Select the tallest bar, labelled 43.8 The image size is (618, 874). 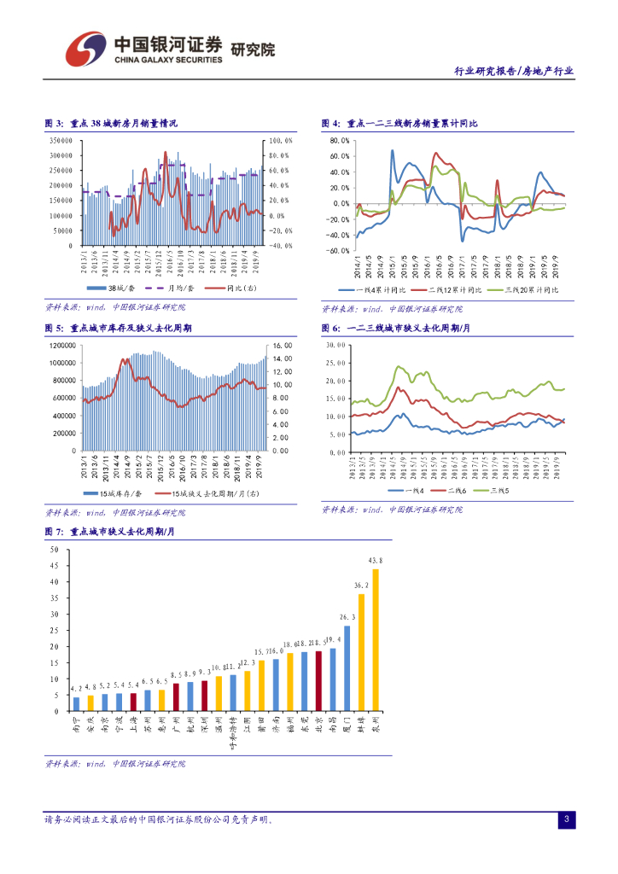click(376, 639)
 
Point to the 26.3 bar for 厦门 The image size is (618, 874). click(347, 668)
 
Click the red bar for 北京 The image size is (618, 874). click(318, 681)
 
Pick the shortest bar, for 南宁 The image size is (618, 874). click(76, 703)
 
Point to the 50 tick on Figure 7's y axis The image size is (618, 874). click(55, 550)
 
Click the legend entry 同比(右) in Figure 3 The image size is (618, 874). click(237, 288)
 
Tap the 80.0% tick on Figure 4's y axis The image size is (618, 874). click(338, 140)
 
